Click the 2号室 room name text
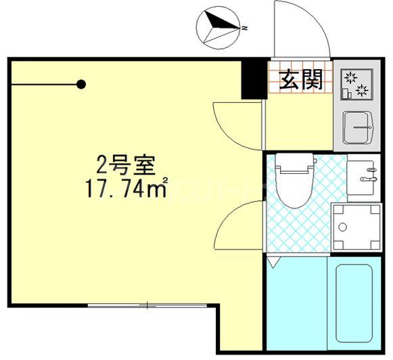click(x=125, y=164)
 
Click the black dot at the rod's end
click(x=81, y=85)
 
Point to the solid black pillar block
click(x=252, y=78)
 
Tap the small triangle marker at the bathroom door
click(x=272, y=261)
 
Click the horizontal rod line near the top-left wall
click(x=44, y=85)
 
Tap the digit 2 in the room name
click(x=101, y=164)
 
